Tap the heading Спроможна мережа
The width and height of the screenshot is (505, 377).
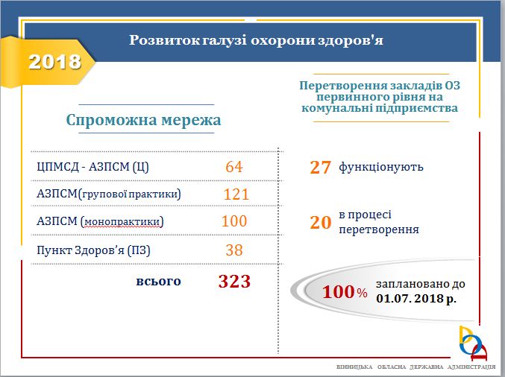pos(144,120)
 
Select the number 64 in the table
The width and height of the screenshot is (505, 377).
pos(234,167)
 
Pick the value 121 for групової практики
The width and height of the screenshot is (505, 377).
pos(236,194)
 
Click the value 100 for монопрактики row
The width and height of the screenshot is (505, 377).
pos(234,221)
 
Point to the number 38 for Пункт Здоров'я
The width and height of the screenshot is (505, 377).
pos(234,250)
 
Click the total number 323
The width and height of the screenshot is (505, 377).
pos(234,281)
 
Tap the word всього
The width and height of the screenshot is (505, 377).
pos(158,281)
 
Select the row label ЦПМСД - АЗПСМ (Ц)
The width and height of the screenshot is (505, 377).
pos(92,167)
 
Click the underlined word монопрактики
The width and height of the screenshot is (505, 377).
pos(122,221)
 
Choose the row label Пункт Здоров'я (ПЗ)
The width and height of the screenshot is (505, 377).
pos(93,250)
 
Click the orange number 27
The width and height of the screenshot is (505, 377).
pos(320,168)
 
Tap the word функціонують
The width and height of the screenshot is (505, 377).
pos(381,167)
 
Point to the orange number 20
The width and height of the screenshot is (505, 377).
pos(320,222)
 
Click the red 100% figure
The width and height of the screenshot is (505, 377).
pos(345,292)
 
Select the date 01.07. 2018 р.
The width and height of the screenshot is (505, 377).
pos(416,299)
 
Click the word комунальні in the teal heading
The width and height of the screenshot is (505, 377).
pos(337,108)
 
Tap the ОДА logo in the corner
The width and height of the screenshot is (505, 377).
pos(473,343)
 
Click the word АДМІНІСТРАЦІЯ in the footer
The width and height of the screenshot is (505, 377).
pos(471,367)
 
